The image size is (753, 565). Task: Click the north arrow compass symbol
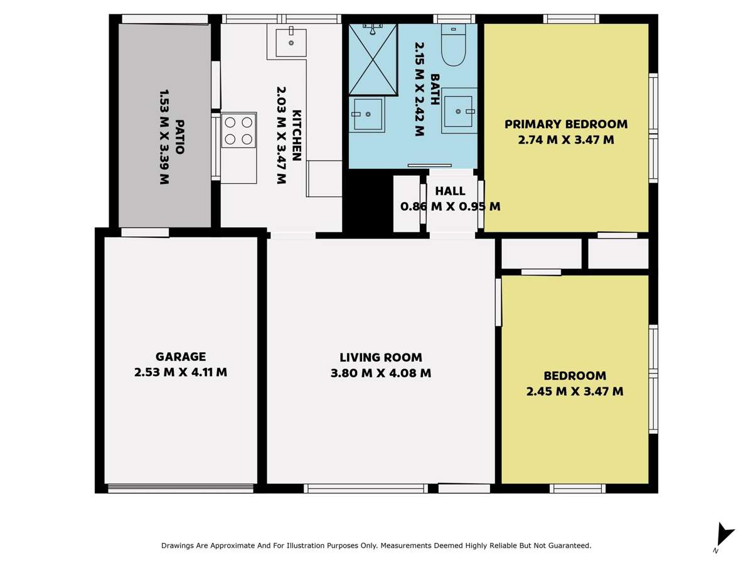click(x=724, y=536)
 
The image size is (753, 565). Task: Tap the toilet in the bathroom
click(x=453, y=46)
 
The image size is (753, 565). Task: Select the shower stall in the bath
click(x=373, y=60)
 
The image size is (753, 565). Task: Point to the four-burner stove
click(x=238, y=131)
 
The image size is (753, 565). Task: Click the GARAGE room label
click(x=181, y=357)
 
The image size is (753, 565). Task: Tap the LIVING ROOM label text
click(x=381, y=357)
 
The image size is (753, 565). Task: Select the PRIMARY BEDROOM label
click(x=566, y=124)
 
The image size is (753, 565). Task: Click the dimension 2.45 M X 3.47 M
click(x=575, y=392)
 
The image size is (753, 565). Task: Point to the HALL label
click(x=451, y=191)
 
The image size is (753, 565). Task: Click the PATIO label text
click(x=180, y=137)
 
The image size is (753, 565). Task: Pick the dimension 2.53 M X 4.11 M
click(x=181, y=372)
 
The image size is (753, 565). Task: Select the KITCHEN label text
click(x=297, y=135)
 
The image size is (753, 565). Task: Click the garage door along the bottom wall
click(x=181, y=488)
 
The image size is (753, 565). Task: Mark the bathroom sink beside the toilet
click(x=459, y=111)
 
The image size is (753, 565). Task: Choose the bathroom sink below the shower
click(x=367, y=114)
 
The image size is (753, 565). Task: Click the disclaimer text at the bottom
click(x=376, y=546)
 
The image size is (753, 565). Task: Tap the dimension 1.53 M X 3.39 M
click(x=164, y=137)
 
